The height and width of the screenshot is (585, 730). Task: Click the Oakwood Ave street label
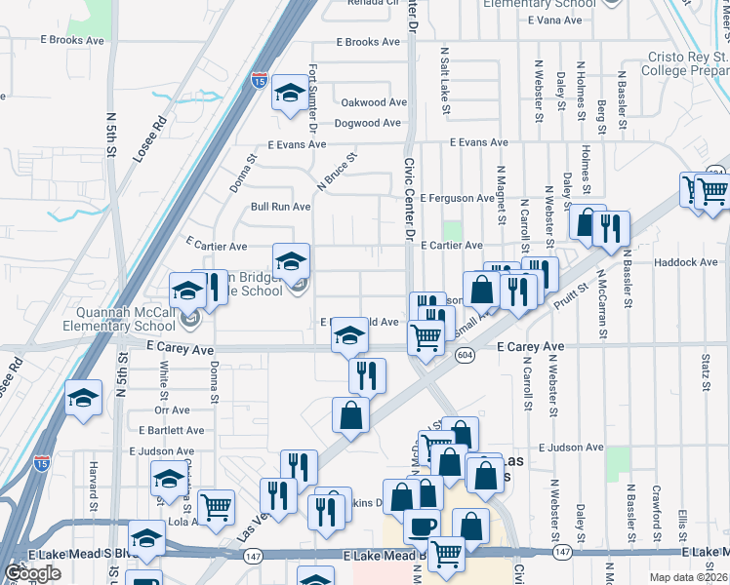point(373,102)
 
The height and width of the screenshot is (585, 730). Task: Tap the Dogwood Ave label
point(367,123)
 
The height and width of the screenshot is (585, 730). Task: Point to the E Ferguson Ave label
point(458,198)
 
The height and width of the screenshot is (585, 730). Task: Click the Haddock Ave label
point(686,262)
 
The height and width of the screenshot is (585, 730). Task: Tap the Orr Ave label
point(172,409)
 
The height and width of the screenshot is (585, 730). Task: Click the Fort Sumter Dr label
point(313,97)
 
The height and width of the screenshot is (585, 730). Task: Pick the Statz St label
point(705,372)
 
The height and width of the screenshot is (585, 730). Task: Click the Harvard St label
point(95,485)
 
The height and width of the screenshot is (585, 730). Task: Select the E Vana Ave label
point(554,19)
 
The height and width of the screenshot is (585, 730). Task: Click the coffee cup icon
point(422,526)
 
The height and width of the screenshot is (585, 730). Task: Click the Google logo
point(32,573)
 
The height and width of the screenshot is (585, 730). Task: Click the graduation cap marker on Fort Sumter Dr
point(289,94)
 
